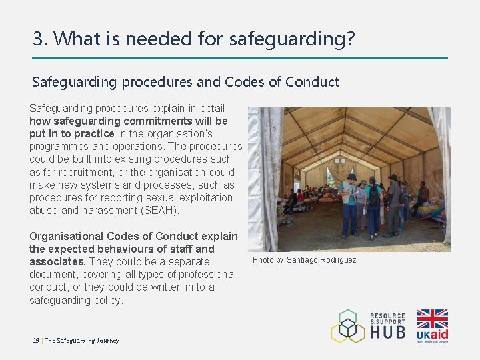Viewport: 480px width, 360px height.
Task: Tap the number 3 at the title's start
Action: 38,39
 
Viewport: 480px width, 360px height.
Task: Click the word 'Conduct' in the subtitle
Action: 311,82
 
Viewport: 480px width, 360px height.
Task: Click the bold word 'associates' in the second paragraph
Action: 56,261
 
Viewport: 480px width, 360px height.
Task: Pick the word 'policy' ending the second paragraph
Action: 109,300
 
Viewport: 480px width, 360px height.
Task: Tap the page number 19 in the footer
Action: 36,341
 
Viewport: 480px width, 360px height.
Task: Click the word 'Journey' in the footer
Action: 107,341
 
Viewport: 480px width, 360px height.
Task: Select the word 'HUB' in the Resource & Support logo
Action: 388,331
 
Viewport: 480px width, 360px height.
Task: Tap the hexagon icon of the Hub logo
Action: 348,326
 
